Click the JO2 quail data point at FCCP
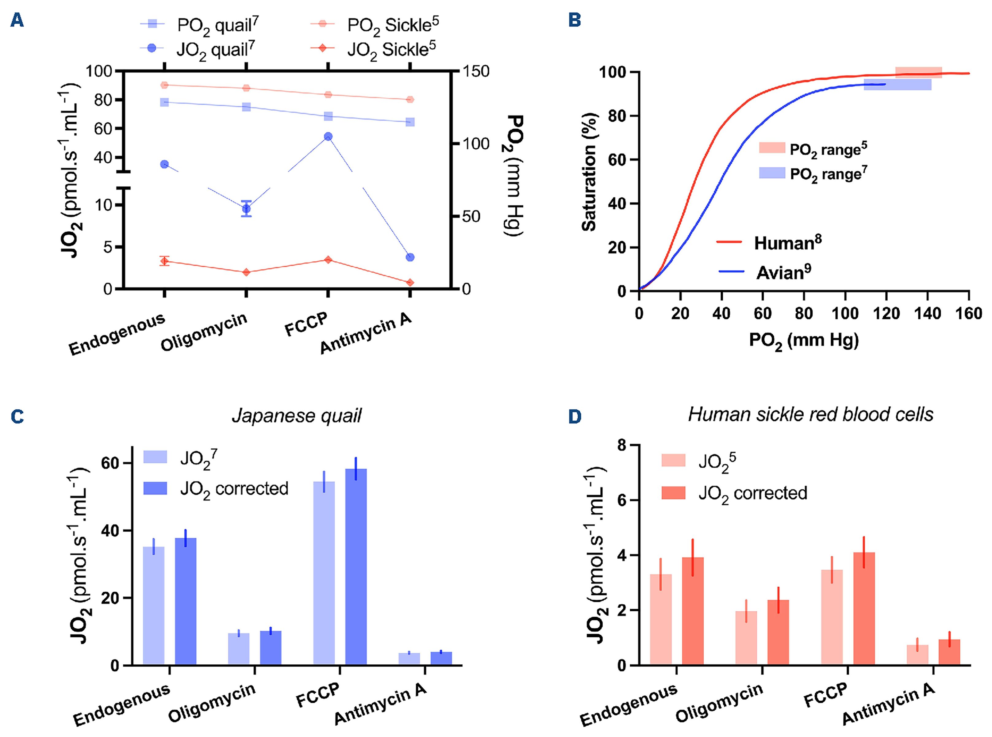(x=328, y=136)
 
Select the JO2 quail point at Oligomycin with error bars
(x=246, y=209)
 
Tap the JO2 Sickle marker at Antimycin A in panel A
(x=410, y=283)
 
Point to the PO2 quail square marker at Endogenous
(x=164, y=102)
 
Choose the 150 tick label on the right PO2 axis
(x=476, y=71)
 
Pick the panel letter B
(x=575, y=20)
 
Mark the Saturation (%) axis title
(x=589, y=172)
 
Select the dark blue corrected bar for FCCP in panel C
(x=356, y=567)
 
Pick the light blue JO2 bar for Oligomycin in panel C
(x=239, y=649)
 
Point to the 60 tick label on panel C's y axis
(x=110, y=464)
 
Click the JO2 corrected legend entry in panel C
(x=234, y=489)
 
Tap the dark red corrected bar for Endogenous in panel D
(x=692, y=611)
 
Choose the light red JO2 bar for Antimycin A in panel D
(x=917, y=655)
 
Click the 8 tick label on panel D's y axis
(x=622, y=445)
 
